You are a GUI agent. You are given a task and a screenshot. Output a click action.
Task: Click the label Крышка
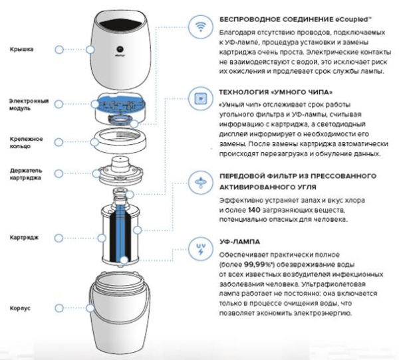pos(21,49)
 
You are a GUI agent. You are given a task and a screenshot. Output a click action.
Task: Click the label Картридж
pos(24,236)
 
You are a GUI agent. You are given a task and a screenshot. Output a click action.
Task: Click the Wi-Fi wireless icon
pos(198,28)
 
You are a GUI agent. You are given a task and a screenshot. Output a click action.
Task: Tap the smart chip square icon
pos(198,98)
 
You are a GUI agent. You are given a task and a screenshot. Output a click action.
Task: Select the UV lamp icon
pos(198,248)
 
